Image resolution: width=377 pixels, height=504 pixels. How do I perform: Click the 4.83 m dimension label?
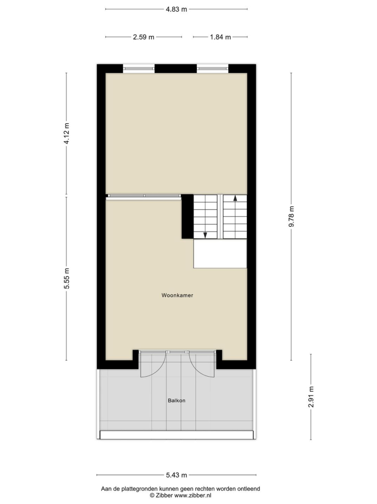tap(176, 9)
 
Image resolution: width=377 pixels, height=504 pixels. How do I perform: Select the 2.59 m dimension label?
tap(144, 37)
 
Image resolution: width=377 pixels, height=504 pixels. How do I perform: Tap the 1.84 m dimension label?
tap(220, 37)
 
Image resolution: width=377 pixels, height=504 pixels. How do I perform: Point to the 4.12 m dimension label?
tap(67, 133)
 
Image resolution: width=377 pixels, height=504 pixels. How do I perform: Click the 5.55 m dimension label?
tap(67, 278)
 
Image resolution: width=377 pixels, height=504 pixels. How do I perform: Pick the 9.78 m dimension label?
tap(291, 217)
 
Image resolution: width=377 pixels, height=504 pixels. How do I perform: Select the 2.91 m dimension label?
tap(310, 397)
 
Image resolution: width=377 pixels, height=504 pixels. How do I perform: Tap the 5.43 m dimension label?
tap(177, 475)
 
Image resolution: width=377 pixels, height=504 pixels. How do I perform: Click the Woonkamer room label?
tap(177, 295)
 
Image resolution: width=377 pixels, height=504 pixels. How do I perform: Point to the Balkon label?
tap(177, 400)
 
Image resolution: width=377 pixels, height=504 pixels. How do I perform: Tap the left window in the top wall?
tap(138, 68)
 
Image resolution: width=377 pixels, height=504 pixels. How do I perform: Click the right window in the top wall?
tap(212, 68)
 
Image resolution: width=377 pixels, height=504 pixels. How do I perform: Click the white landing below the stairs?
tap(220, 253)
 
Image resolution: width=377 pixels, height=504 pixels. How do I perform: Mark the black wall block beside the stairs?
tap(187, 217)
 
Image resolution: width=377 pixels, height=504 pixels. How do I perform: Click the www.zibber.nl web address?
tap(192, 495)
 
